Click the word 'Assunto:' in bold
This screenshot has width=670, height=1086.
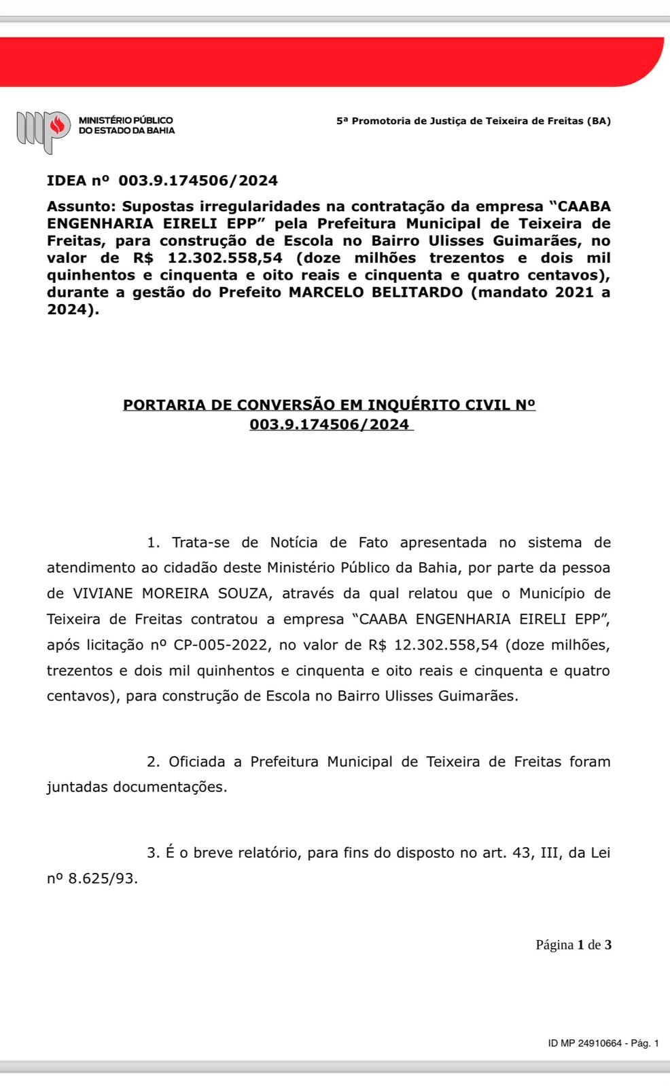click(82, 206)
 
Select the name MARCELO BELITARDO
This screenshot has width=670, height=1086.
click(372, 293)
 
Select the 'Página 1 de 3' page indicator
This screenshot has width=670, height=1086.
click(574, 945)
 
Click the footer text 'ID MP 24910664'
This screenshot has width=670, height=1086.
click(585, 1043)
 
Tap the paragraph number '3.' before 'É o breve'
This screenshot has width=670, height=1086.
click(154, 853)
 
